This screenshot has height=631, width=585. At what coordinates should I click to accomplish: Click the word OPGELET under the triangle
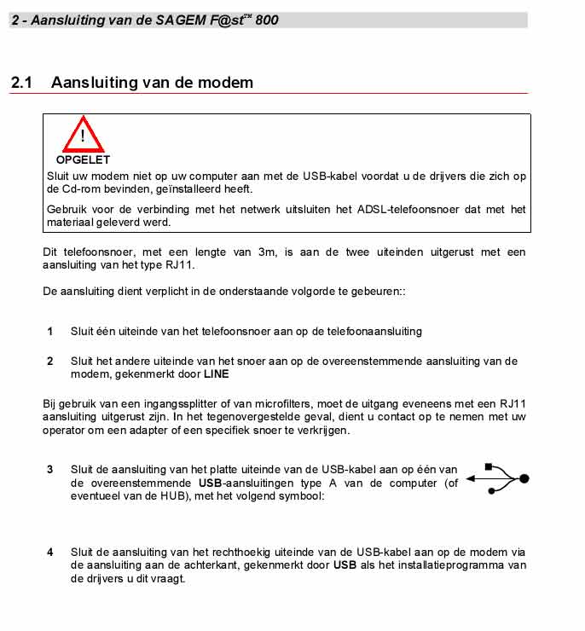pos(83,159)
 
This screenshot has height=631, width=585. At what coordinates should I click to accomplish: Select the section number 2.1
pos(21,83)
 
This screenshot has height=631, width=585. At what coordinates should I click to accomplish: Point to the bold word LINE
pos(216,373)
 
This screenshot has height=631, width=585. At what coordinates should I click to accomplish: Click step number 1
pos(49,331)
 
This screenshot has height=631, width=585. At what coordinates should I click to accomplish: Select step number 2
pos(49,361)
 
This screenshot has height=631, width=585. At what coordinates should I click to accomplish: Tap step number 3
pos(49,469)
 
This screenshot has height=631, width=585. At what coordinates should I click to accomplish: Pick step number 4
pos(49,552)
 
